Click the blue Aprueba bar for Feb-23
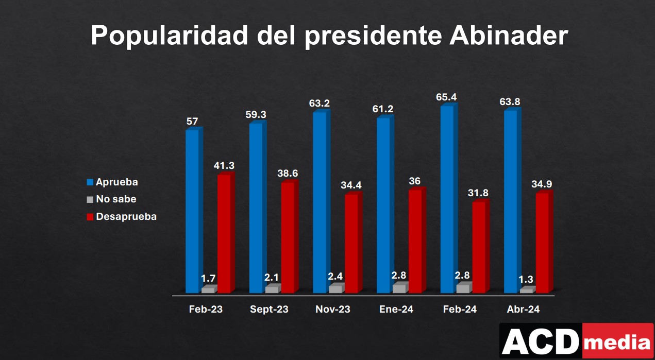(192, 211)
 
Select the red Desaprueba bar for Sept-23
(288, 237)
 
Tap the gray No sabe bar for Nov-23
(335, 289)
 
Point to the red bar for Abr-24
(542, 243)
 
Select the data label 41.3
(224, 165)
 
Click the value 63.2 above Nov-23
(320, 103)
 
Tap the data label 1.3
(526, 280)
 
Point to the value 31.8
(478, 193)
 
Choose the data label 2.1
(272, 278)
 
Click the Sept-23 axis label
(269, 310)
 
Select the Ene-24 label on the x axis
(396, 310)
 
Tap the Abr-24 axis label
(523, 310)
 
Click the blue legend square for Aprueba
(90, 182)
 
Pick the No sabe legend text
(116, 199)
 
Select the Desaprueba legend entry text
(126, 216)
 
